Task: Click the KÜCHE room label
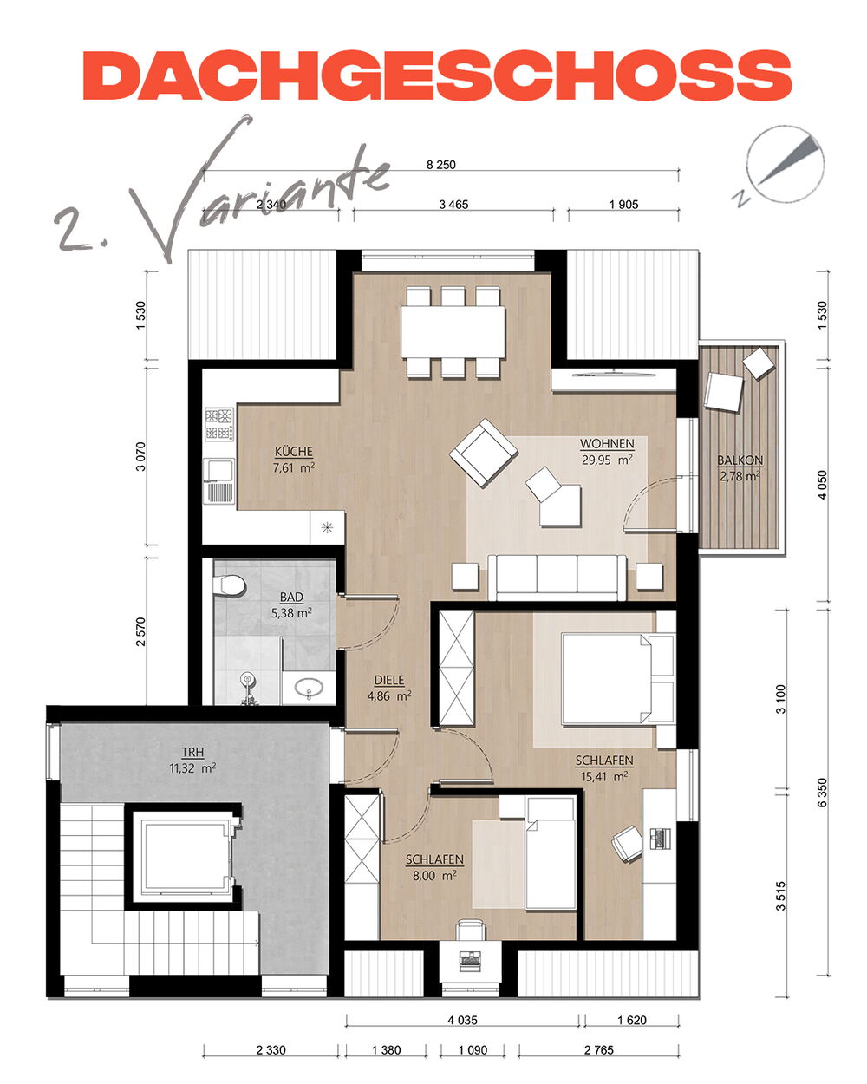(x=293, y=451)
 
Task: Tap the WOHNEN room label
(x=607, y=444)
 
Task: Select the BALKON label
(x=740, y=460)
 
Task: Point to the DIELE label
(x=389, y=680)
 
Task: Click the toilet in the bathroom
(x=228, y=584)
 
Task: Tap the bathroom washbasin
(x=308, y=688)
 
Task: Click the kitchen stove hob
(x=219, y=424)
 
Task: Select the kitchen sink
(x=219, y=480)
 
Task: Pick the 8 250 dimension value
(x=440, y=165)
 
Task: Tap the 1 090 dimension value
(x=473, y=1050)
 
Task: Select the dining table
(x=453, y=332)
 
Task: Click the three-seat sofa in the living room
(x=557, y=578)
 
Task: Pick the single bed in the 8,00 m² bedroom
(x=550, y=852)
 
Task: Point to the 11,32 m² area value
(x=192, y=768)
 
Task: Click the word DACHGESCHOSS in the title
(x=437, y=75)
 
